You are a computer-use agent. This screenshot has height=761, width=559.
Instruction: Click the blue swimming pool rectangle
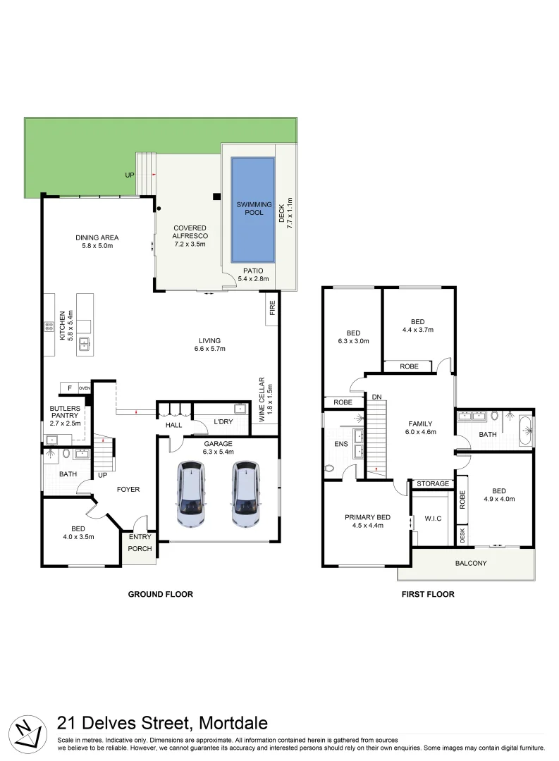pos(252,208)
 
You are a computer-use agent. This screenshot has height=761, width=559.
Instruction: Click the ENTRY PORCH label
pos(140,543)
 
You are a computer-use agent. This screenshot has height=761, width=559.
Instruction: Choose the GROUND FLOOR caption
pos(160,594)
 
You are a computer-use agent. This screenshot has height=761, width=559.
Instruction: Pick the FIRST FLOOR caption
pos(428,594)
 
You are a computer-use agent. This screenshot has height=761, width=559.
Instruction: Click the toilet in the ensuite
pos(330,468)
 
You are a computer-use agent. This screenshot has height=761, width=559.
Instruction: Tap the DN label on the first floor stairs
pos(376,397)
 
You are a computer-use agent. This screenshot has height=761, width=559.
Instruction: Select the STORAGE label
pos(432,484)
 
